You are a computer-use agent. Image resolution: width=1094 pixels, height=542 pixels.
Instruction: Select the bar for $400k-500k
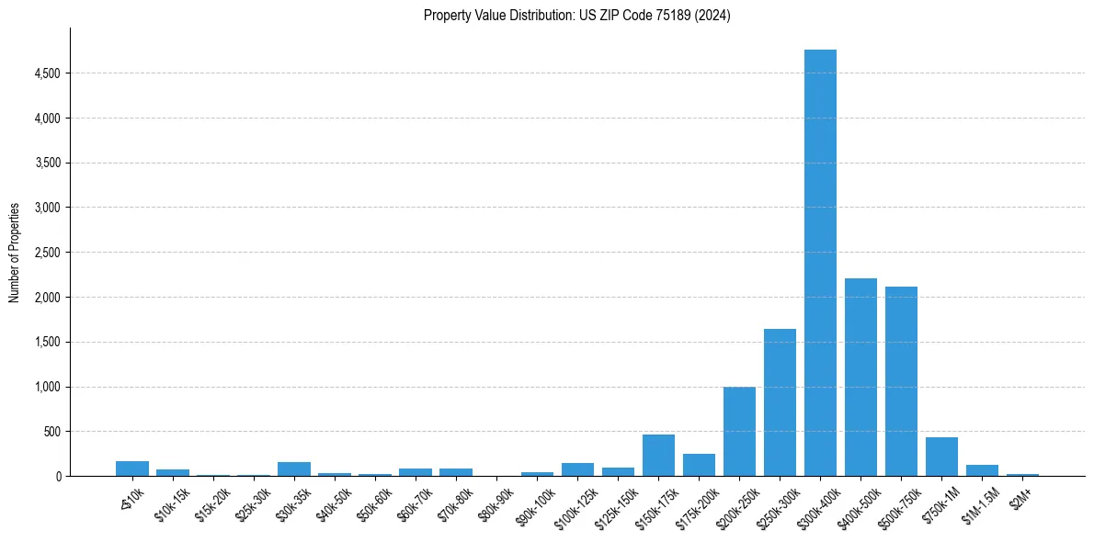point(860,377)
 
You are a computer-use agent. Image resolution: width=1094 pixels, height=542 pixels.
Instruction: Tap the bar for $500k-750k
point(901,381)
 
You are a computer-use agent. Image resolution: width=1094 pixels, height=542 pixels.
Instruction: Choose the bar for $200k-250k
point(739,432)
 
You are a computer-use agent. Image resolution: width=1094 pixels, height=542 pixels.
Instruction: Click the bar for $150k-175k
point(658,456)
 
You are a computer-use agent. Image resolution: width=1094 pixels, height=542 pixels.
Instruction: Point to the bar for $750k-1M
point(941,457)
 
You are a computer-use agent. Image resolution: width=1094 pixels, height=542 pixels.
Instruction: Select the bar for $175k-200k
point(699,465)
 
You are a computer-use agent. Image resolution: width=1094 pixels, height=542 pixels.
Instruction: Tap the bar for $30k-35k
point(294,469)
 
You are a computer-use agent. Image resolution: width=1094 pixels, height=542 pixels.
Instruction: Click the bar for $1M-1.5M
point(982,470)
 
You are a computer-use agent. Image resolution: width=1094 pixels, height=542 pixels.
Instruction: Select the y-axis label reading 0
point(58,477)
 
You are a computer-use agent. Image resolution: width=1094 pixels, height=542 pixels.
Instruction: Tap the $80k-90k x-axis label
point(497,502)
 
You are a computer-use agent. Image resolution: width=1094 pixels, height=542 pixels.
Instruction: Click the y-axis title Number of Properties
point(15,252)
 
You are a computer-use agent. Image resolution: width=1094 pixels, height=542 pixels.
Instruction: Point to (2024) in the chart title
point(713,16)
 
